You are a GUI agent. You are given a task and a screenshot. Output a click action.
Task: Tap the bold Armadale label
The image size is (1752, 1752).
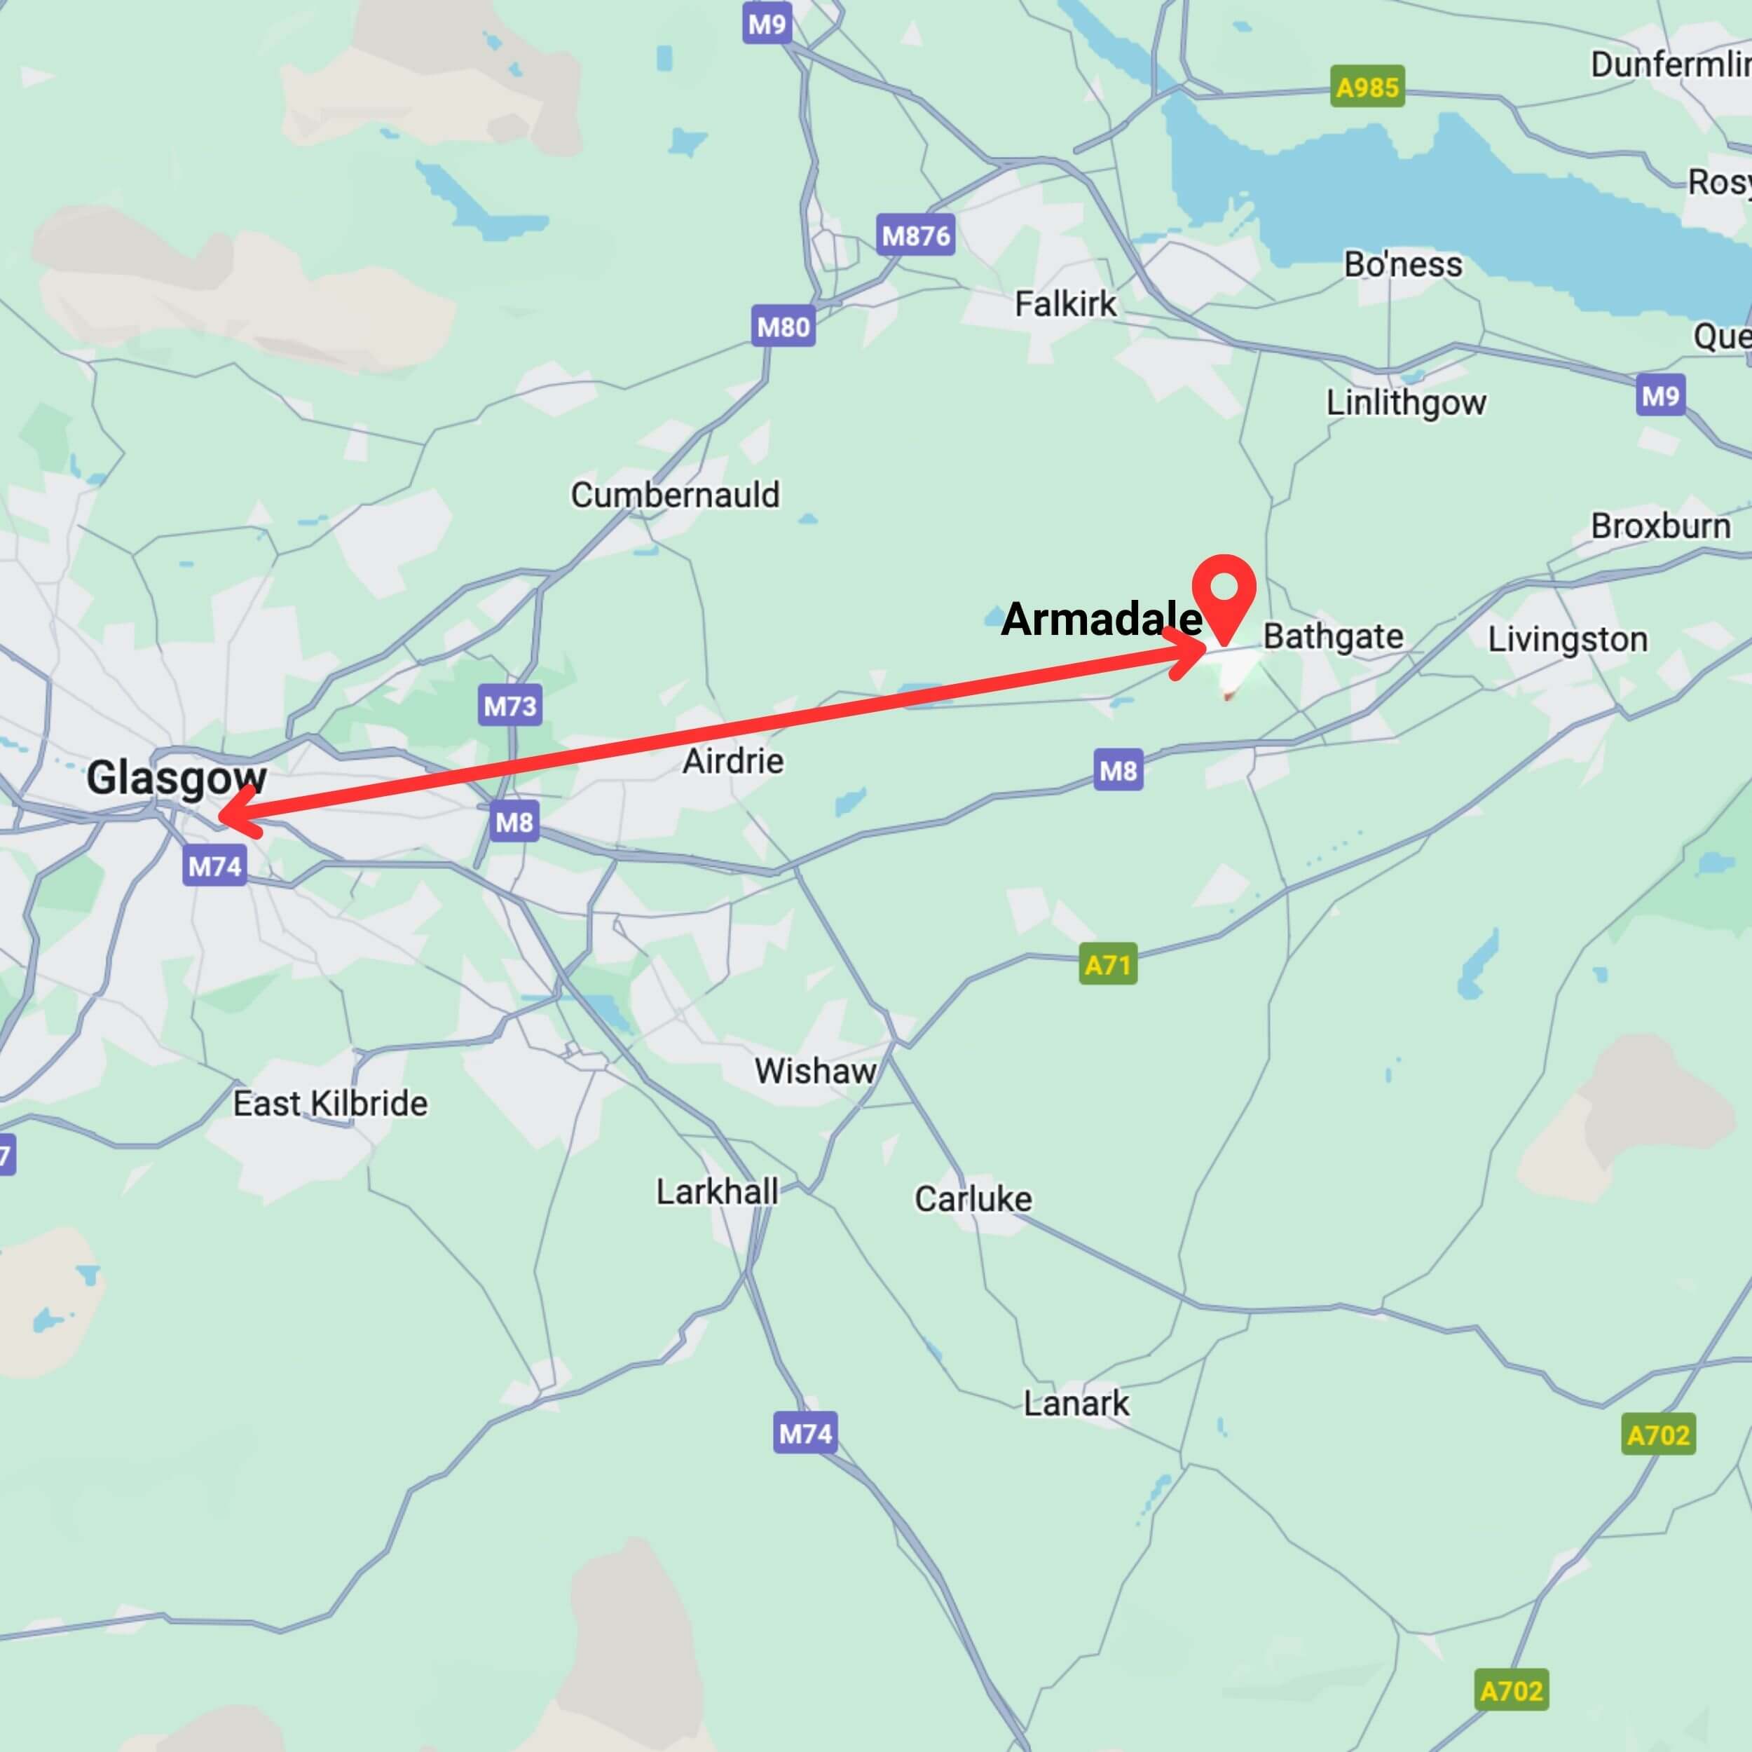[1101, 620]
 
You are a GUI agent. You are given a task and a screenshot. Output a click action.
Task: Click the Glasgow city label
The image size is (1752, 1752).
[176, 778]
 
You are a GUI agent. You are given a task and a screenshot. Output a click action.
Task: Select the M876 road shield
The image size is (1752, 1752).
[916, 235]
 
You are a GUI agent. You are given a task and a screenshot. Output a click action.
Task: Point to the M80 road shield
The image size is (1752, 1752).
[783, 327]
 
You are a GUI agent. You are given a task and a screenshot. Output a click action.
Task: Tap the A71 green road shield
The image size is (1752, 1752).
[1108, 965]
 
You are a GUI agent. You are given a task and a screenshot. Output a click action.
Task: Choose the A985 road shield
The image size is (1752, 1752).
[1367, 87]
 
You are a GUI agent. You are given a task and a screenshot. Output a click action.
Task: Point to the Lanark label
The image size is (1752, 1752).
[1076, 1404]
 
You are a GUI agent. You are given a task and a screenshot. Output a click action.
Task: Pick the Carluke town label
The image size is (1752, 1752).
[973, 1199]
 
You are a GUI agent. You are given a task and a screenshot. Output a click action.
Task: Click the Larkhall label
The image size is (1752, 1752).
[718, 1191]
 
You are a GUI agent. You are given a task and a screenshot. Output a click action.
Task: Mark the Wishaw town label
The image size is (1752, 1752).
[815, 1071]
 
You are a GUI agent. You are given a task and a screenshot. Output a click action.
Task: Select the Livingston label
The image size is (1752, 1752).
[1568, 639]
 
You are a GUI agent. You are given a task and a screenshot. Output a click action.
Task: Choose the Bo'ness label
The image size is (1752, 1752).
[1403, 265]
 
